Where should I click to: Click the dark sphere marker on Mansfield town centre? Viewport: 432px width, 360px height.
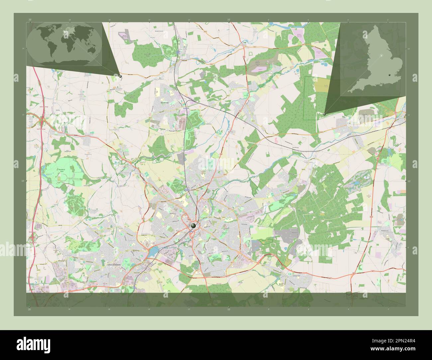pyautogui.click(x=193, y=226)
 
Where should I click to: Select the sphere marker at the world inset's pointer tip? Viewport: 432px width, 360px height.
pyautogui.click(x=120, y=76)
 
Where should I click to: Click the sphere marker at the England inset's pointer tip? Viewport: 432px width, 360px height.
pyautogui.click(x=324, y=114)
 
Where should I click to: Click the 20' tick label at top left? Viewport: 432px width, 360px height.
pyautogui.click(x=30, y=20)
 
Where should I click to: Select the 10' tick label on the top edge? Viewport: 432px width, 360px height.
pyautogui.click(x=229, y=20)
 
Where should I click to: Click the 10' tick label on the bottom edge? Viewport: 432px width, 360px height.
pyautogui.click(x=229, y=309)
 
